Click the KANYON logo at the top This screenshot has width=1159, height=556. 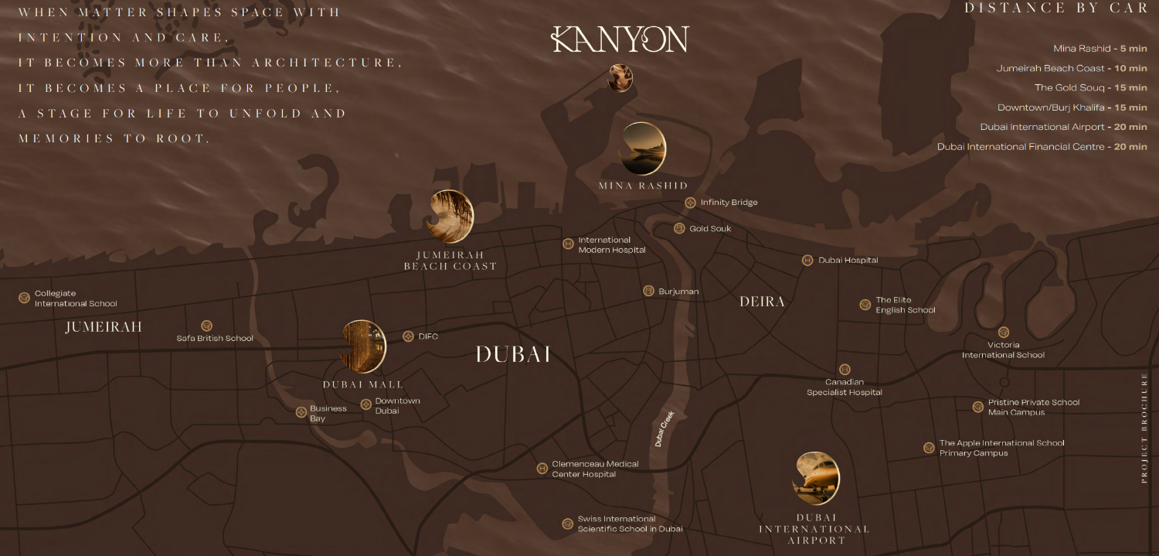tap(620, 39)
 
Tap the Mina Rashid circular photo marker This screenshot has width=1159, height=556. tap(644, 148)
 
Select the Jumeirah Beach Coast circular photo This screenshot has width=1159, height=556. tap(452, 217)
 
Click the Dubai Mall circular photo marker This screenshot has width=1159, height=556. tap(363, 346)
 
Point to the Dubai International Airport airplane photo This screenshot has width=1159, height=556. tap(816, 479)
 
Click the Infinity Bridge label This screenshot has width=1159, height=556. tap(729, 203)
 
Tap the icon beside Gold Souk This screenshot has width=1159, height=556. tap(679, 229)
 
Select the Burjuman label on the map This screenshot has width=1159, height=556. tap(678, 292)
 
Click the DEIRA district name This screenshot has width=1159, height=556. tap(762, 302)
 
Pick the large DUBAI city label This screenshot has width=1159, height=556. tap(513, 355)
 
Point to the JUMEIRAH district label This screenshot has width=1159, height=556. tap(104, 327)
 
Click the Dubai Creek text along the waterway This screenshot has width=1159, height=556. tap(665, 428)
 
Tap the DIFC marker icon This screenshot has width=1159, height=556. tap(408, 336)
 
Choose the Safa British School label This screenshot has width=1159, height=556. tap(215, 338)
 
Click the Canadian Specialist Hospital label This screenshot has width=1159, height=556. tap(845, 387)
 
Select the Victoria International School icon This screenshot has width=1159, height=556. tap(1003, 333)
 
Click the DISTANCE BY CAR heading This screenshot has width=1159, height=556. tap(1055, 9)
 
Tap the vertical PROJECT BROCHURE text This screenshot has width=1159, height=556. tap(1144, 428)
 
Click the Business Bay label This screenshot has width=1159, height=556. tap(328, 414)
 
